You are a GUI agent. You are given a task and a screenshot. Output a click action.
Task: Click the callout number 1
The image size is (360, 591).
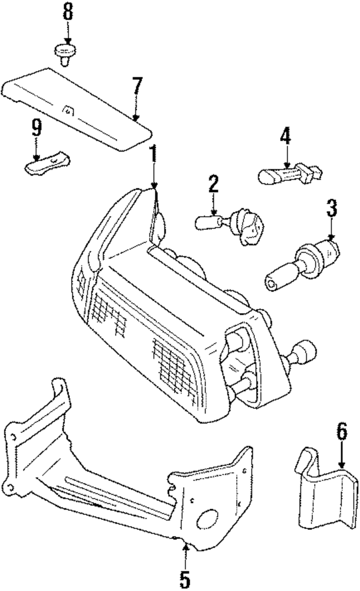[154, 154]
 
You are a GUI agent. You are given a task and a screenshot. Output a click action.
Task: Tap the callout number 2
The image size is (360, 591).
[213, 184]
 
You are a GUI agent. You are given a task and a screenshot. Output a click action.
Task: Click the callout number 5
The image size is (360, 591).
[185, 577]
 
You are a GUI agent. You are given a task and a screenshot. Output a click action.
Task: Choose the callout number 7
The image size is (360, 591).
[137, 86]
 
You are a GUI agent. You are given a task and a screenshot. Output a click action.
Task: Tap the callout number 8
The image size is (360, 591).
[67, 12]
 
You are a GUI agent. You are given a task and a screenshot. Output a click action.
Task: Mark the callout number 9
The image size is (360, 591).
[36, 128]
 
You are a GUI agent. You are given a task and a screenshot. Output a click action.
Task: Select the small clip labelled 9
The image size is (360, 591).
[47, 164]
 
